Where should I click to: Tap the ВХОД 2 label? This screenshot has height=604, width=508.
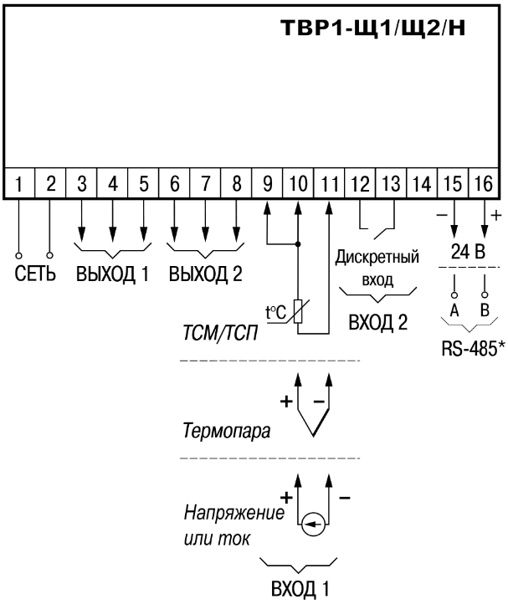click(x=377, y=321)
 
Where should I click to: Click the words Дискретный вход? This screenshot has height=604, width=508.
click(x=377, y=268)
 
